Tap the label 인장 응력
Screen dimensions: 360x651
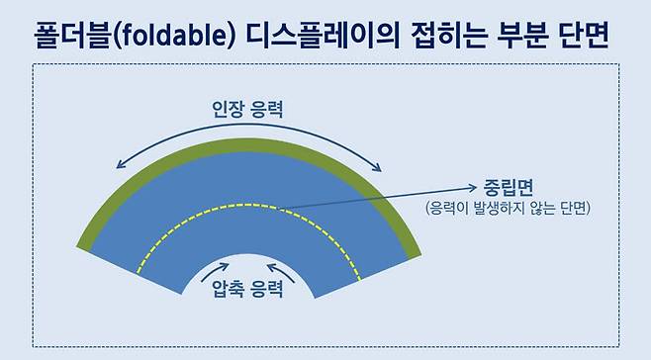(247, 109)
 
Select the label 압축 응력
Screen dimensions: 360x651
(247, 290)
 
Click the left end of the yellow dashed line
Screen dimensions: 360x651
(139, 272)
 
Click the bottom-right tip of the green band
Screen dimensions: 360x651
(413, 255)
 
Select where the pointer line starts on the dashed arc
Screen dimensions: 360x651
(279, 207)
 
